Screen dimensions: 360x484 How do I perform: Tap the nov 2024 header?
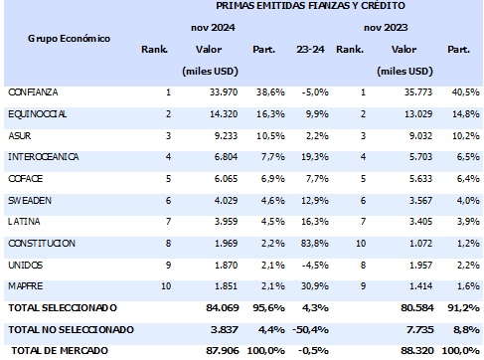(x=211, y=28)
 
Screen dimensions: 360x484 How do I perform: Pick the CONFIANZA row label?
(x=33, y=92)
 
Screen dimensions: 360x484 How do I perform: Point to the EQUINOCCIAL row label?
(x=37, y=113)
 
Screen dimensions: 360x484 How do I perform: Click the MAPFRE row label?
(x=25, y=285)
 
